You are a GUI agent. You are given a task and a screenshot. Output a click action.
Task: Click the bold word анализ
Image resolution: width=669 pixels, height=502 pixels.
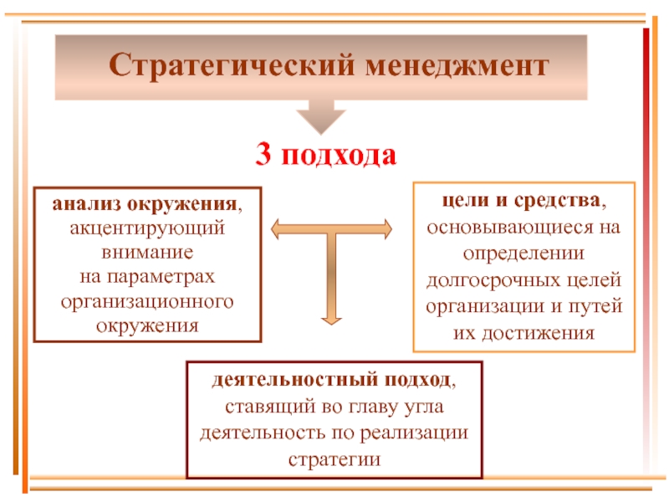(87, 204)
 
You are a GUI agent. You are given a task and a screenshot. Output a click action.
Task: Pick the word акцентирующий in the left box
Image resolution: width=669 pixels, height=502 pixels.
(146, 227)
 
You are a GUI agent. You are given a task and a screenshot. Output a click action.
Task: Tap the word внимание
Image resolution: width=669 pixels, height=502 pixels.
(146, 251)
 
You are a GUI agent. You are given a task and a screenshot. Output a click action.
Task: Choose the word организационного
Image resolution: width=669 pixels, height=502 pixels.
(146, 300)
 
